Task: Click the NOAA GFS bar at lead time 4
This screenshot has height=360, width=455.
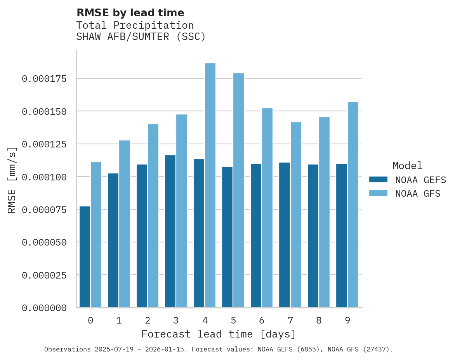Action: [210, 185]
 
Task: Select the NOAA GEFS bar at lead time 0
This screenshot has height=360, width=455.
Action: [85, 257]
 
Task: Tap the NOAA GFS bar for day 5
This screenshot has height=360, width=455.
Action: [239, 190]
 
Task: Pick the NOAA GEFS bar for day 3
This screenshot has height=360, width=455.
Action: [170, 231]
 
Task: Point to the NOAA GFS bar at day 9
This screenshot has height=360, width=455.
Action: [353, 205]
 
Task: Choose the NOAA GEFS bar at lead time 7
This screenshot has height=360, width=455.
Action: [285, 235]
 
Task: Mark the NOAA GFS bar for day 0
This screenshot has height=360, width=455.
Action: [96, 235]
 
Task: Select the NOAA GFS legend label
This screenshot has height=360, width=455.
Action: [418, 194]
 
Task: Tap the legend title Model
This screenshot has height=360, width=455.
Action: [407, 166]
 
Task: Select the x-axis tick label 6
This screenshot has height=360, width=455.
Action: [262, 320]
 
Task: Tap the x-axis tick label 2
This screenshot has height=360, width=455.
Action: [148, 320]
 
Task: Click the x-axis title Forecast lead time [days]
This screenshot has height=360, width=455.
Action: [219, 334]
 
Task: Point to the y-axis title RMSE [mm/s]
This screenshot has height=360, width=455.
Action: [12, 180]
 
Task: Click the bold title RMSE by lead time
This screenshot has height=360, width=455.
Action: [130, 13]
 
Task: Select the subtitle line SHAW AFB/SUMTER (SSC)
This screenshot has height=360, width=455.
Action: [141, 37]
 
